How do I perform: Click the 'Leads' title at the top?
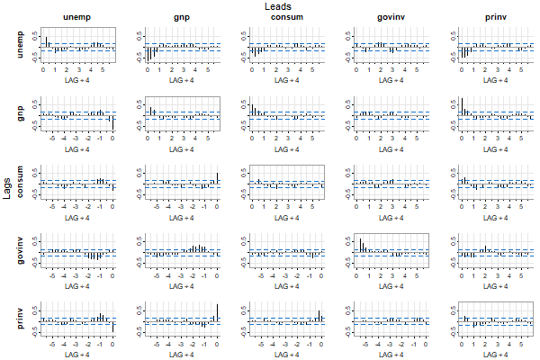277,6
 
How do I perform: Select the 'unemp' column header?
76,18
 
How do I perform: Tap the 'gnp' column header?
181,18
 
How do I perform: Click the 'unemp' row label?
21,44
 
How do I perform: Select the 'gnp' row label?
21,112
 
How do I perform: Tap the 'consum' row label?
21,183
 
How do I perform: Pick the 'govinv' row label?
21,252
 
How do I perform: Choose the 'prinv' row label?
21,320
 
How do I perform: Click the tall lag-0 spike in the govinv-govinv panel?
357,243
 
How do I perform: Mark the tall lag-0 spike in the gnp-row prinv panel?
462,105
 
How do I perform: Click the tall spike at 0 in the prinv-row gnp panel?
217,311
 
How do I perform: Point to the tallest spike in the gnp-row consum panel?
252,108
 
